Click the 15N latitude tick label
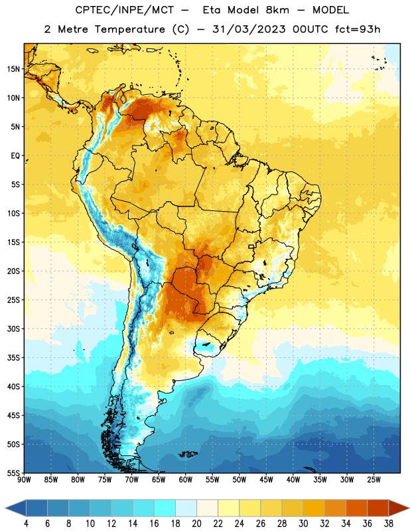[13, 69]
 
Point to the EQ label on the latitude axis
[15, 156]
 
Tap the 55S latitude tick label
[13, 473]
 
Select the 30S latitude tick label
[13, 329]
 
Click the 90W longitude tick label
[24, 479]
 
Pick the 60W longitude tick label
[186, 479]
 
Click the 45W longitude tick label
[266, 479]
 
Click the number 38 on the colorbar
[388, 524]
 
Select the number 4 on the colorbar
[26, 524]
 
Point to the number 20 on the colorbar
[196, 524]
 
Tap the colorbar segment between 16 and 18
[165, 508]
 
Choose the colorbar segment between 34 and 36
[356, 508]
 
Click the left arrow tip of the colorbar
[5, 508]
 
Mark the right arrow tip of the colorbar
[409, 508]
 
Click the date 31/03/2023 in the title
[249, 29]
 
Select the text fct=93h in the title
[358, 29]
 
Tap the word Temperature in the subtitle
[129, 29]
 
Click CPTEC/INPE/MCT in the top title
[124, 10]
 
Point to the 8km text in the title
[277, 10]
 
